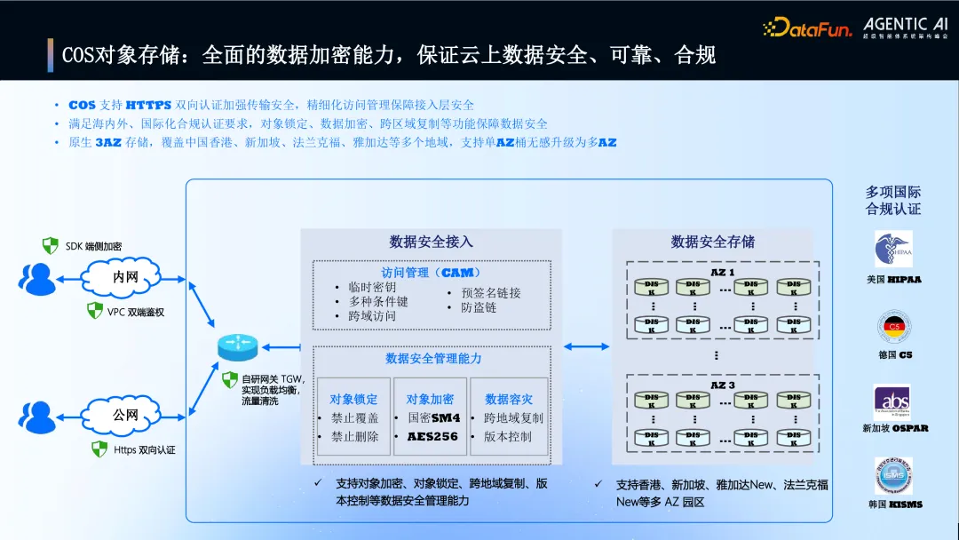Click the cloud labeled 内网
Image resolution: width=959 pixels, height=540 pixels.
point(125,277)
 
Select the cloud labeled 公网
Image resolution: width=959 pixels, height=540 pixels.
point(125,414)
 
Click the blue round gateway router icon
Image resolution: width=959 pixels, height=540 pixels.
point(236,347)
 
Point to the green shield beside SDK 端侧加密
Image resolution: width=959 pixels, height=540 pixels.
point(51,245)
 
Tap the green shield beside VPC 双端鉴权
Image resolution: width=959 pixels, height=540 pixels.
point(94,311)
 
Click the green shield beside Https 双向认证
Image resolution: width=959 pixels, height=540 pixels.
point(99,449)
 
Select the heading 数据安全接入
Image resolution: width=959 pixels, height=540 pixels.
point(431,242)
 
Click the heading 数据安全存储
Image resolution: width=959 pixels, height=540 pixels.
point(713,242)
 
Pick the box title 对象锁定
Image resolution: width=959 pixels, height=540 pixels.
point(353,400)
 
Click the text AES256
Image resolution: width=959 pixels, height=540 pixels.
point(432,437)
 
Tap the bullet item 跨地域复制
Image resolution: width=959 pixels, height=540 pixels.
point(513,418)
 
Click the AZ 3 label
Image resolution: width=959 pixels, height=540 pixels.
point(723,385)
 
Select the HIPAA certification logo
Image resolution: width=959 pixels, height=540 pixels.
point(892,249)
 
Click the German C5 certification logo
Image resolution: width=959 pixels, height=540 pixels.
point(894,326)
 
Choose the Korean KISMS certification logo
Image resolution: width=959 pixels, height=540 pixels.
point(893,476)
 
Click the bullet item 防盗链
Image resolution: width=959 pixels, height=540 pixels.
point(479,307)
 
